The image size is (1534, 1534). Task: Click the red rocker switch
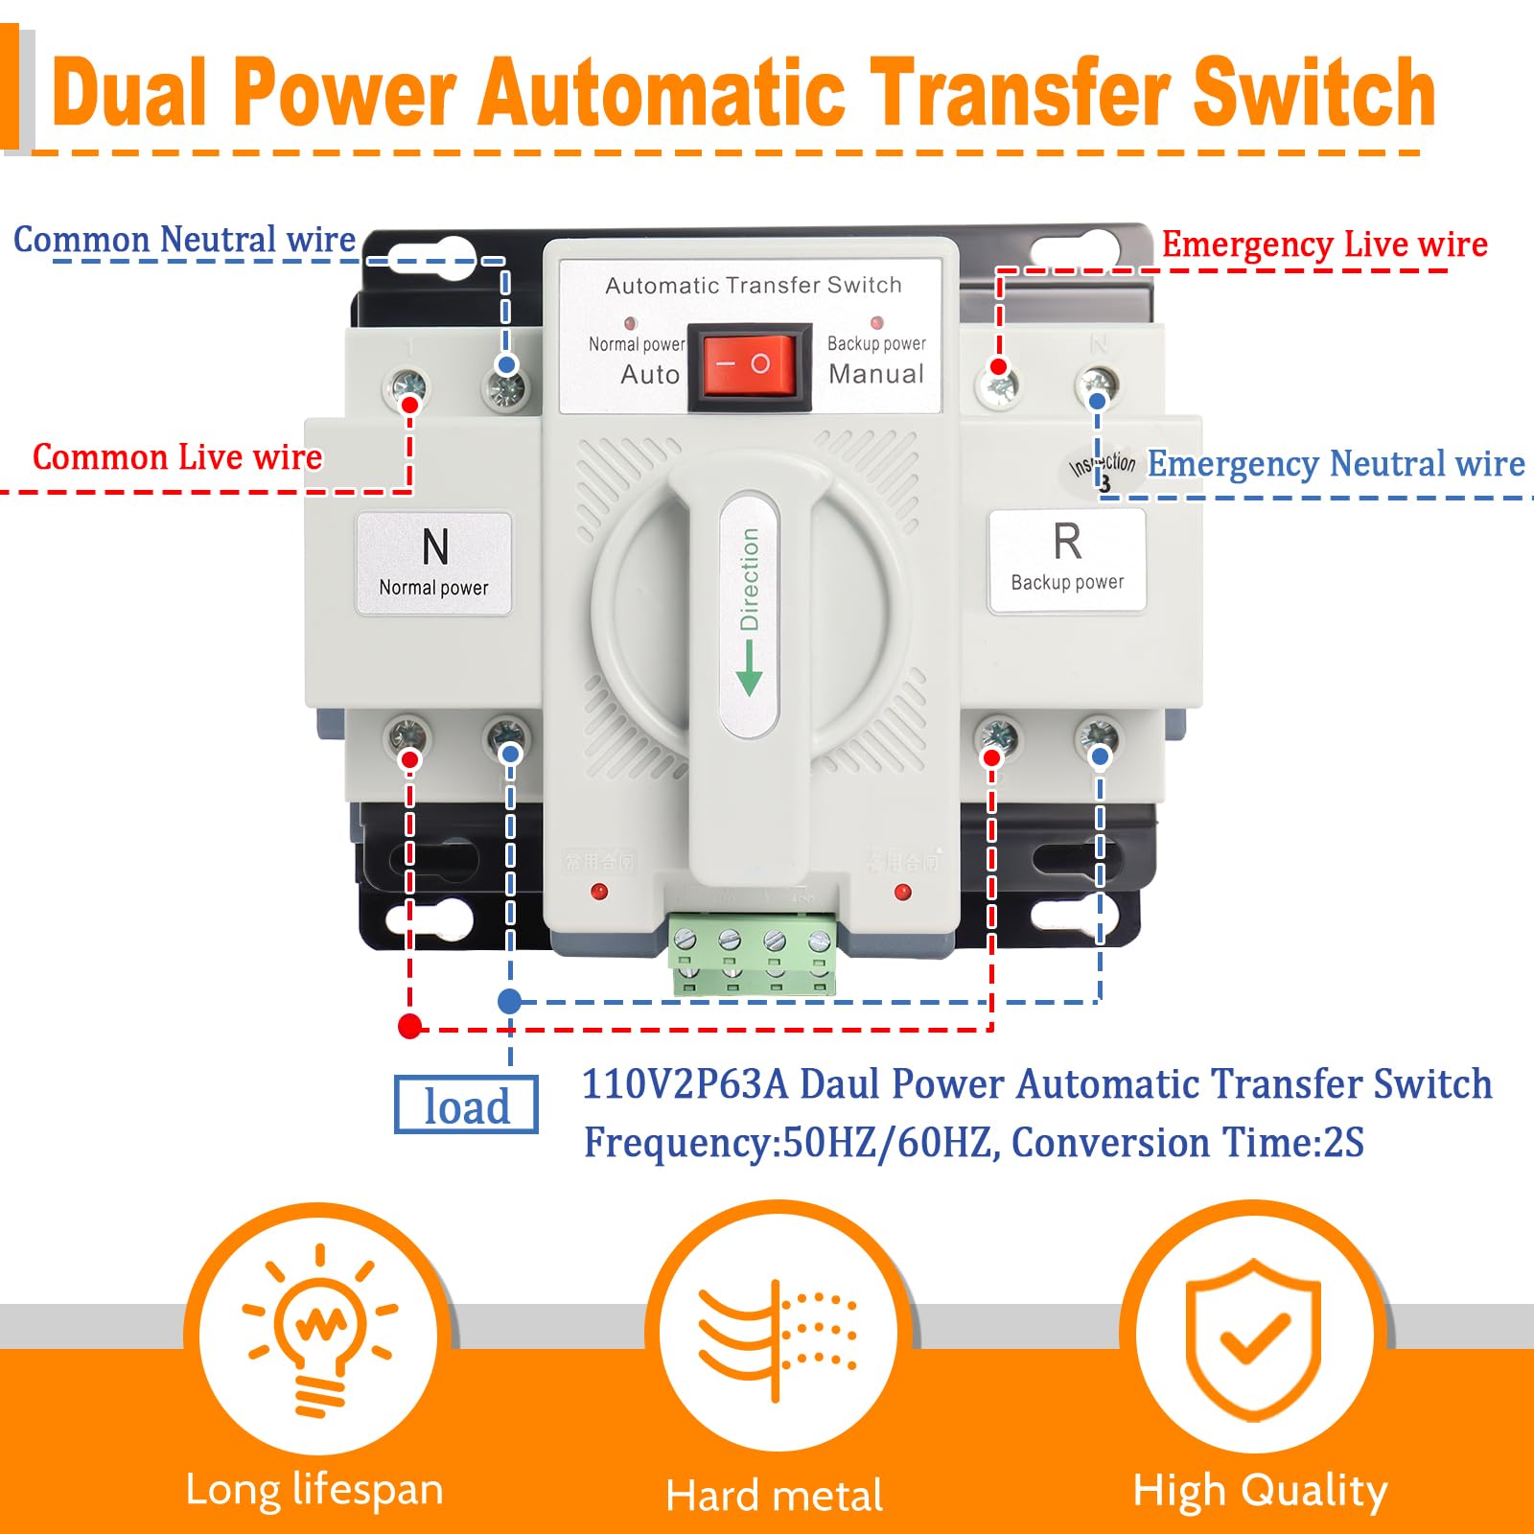749,365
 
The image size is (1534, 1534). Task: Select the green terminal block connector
752,954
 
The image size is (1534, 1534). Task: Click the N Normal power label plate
433,563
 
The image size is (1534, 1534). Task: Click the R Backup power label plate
1067,560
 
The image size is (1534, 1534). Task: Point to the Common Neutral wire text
184,239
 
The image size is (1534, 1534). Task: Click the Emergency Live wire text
1324,244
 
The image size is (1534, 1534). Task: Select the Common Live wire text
177,457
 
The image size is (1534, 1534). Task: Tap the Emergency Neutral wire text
1336,464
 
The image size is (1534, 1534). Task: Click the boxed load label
466,1105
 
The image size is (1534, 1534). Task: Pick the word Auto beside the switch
650,375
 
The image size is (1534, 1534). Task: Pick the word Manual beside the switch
876,374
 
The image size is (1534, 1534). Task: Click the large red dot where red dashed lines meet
410,1027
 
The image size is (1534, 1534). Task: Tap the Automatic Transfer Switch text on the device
753,285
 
